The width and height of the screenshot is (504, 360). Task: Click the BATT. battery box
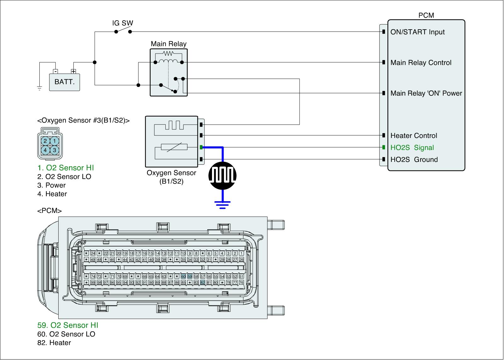click(65, 82)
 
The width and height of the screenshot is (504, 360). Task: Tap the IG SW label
click(123, 23)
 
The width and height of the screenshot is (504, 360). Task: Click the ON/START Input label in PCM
click(417, 32)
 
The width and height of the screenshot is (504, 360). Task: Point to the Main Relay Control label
click(421, 63)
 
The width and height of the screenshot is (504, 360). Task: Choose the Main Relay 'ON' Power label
click(426, 93)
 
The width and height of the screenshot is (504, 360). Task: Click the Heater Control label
click(414, 136)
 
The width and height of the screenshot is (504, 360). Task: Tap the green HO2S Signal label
click(412, 148)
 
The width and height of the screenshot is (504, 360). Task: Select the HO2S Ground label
click(414, 160)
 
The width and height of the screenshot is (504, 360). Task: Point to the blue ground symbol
click(223, 205)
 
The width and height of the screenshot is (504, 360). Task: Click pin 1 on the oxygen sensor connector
click(54, 141)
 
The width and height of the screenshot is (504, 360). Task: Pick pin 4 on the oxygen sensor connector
click(45, 150)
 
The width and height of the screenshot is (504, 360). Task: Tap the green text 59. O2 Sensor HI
click(70, 325)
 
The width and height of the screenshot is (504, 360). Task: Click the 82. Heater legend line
click(54, 343)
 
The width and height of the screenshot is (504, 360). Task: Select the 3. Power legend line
click(51, 185)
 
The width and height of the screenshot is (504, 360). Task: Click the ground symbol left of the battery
click(39, 88)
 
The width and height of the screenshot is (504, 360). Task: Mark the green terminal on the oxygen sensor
click(201, 147)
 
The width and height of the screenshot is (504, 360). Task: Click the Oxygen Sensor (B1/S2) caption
click(171, 177)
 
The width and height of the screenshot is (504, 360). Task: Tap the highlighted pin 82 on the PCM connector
click(203, 283)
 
